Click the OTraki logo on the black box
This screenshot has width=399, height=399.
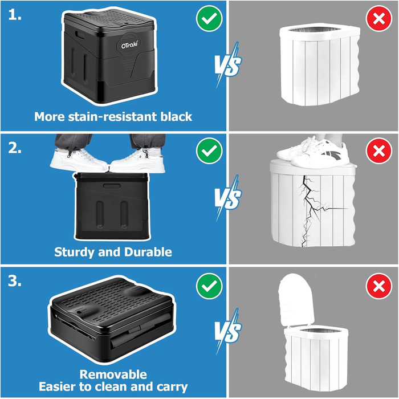(x=129, y=45)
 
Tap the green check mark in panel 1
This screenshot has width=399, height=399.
(x=209, y=18)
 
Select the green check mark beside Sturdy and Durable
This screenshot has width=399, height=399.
(x=209, y=150)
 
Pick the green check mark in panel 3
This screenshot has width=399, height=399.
(x=209, y=286)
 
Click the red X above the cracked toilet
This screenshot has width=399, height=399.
(x=379, y=150)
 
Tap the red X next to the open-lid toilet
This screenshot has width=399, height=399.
(x=379, y=286)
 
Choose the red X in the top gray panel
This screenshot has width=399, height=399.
(x=379, y=18)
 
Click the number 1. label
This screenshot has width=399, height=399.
(x=15, y=15)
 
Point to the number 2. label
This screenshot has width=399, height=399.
(x=15, y=148)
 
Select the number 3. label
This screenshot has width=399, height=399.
(x=15, y=281)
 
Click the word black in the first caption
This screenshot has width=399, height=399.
(x=176, y=116)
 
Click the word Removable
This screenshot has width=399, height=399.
(x=113, y=374)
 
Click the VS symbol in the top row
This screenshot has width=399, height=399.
(x=227, y=65)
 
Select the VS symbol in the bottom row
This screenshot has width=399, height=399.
(x=227, y=331)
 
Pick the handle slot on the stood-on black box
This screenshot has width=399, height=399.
(x=112, y=186)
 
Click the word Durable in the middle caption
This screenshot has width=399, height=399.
(x=148, y=252)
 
